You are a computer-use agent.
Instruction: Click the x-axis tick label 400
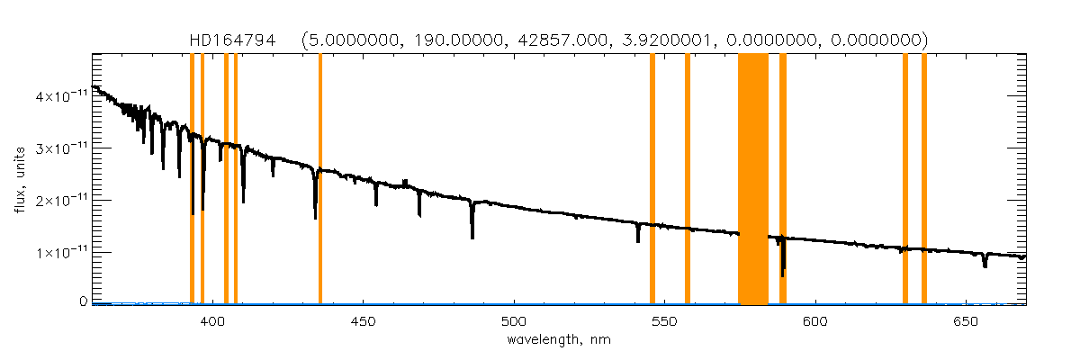(x=213, y=321)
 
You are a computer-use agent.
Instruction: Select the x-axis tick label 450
(x=364, y=321)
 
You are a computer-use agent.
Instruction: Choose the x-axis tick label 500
(x=514, y=321)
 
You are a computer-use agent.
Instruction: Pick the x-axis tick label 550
(x=664, y=321)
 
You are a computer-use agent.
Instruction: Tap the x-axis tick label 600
(x=814, y=321)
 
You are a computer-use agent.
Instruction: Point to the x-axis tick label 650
(x=965, y=321)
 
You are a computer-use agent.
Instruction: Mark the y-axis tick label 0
(x=82, y=301)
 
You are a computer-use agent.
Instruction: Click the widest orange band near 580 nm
(x=753, y=180)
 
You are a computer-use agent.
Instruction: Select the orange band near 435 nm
(x=320, y=180)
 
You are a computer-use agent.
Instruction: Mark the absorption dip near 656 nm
(x=985, y=262)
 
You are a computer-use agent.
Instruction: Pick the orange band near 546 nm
(x=652, y=180)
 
